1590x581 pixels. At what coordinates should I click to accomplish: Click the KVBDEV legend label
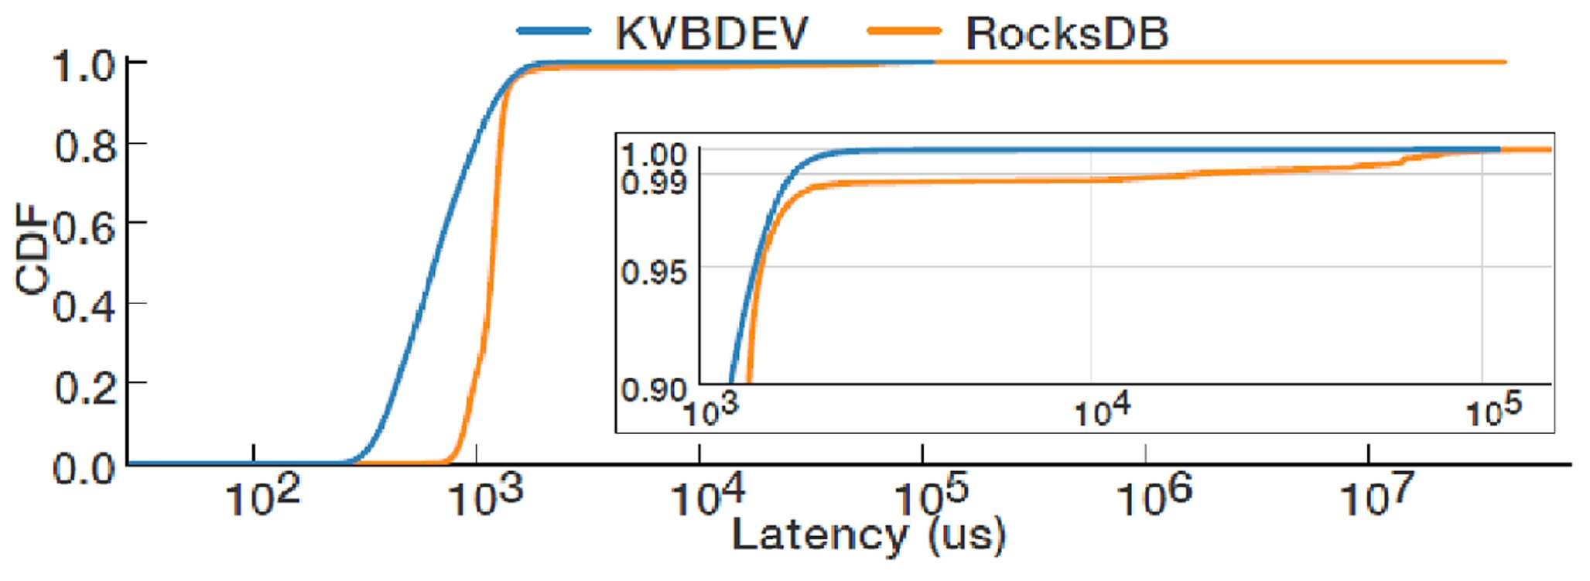point(712,33)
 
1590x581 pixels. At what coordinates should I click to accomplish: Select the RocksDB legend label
point(1067,33)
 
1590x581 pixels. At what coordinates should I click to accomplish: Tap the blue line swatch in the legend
point(554,32)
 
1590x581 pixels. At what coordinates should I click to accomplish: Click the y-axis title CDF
point(32,248)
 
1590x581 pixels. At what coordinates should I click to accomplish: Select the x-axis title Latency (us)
point(868,535)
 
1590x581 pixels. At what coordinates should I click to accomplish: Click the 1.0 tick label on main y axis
point(84,66)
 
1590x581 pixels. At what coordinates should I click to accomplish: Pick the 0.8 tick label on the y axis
point(84,146)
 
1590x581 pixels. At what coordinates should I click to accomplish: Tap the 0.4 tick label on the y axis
point(84,307)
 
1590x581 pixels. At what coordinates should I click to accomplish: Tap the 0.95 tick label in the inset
point(654,272)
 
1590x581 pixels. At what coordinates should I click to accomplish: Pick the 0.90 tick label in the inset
point(654,389)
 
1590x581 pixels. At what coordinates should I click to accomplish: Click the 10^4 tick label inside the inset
point(1102,411)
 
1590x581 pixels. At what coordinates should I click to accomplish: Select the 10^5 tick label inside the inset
point(1494,411)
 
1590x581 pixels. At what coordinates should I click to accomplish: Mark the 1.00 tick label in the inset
point(654,155)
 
